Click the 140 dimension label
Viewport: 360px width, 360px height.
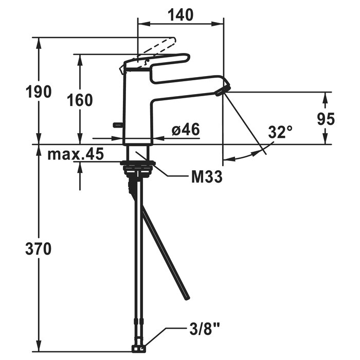pyautogui.click(x=181, y=15)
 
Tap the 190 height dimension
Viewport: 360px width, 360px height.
pyautogui.click(x=39, y=92)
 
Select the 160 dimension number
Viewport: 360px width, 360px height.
pyautogui.click(x=80, y=100)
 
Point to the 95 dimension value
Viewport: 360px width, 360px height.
pyautogui.click(x=326, y=119)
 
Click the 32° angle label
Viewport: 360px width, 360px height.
pyautogui.click(x=280, y=132)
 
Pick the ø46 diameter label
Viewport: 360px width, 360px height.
pyautogui.click(x=186, y=129)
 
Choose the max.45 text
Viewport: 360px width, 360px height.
pyautogui.click(x=76, y=154)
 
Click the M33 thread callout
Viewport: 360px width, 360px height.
pyautogui.click(x=207, y=177)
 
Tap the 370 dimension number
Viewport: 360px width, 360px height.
pyautogui.click(x=39, y=249)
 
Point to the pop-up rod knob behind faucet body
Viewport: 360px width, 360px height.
pyautogui.click(x=118, y=124)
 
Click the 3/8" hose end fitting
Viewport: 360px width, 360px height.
pyautogui.click(x=139, y=349)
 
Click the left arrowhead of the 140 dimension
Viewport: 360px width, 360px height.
pyautogui.click(x=143, y=24)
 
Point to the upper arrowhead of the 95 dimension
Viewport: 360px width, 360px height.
pyautogui.click(x=326, y=98)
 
